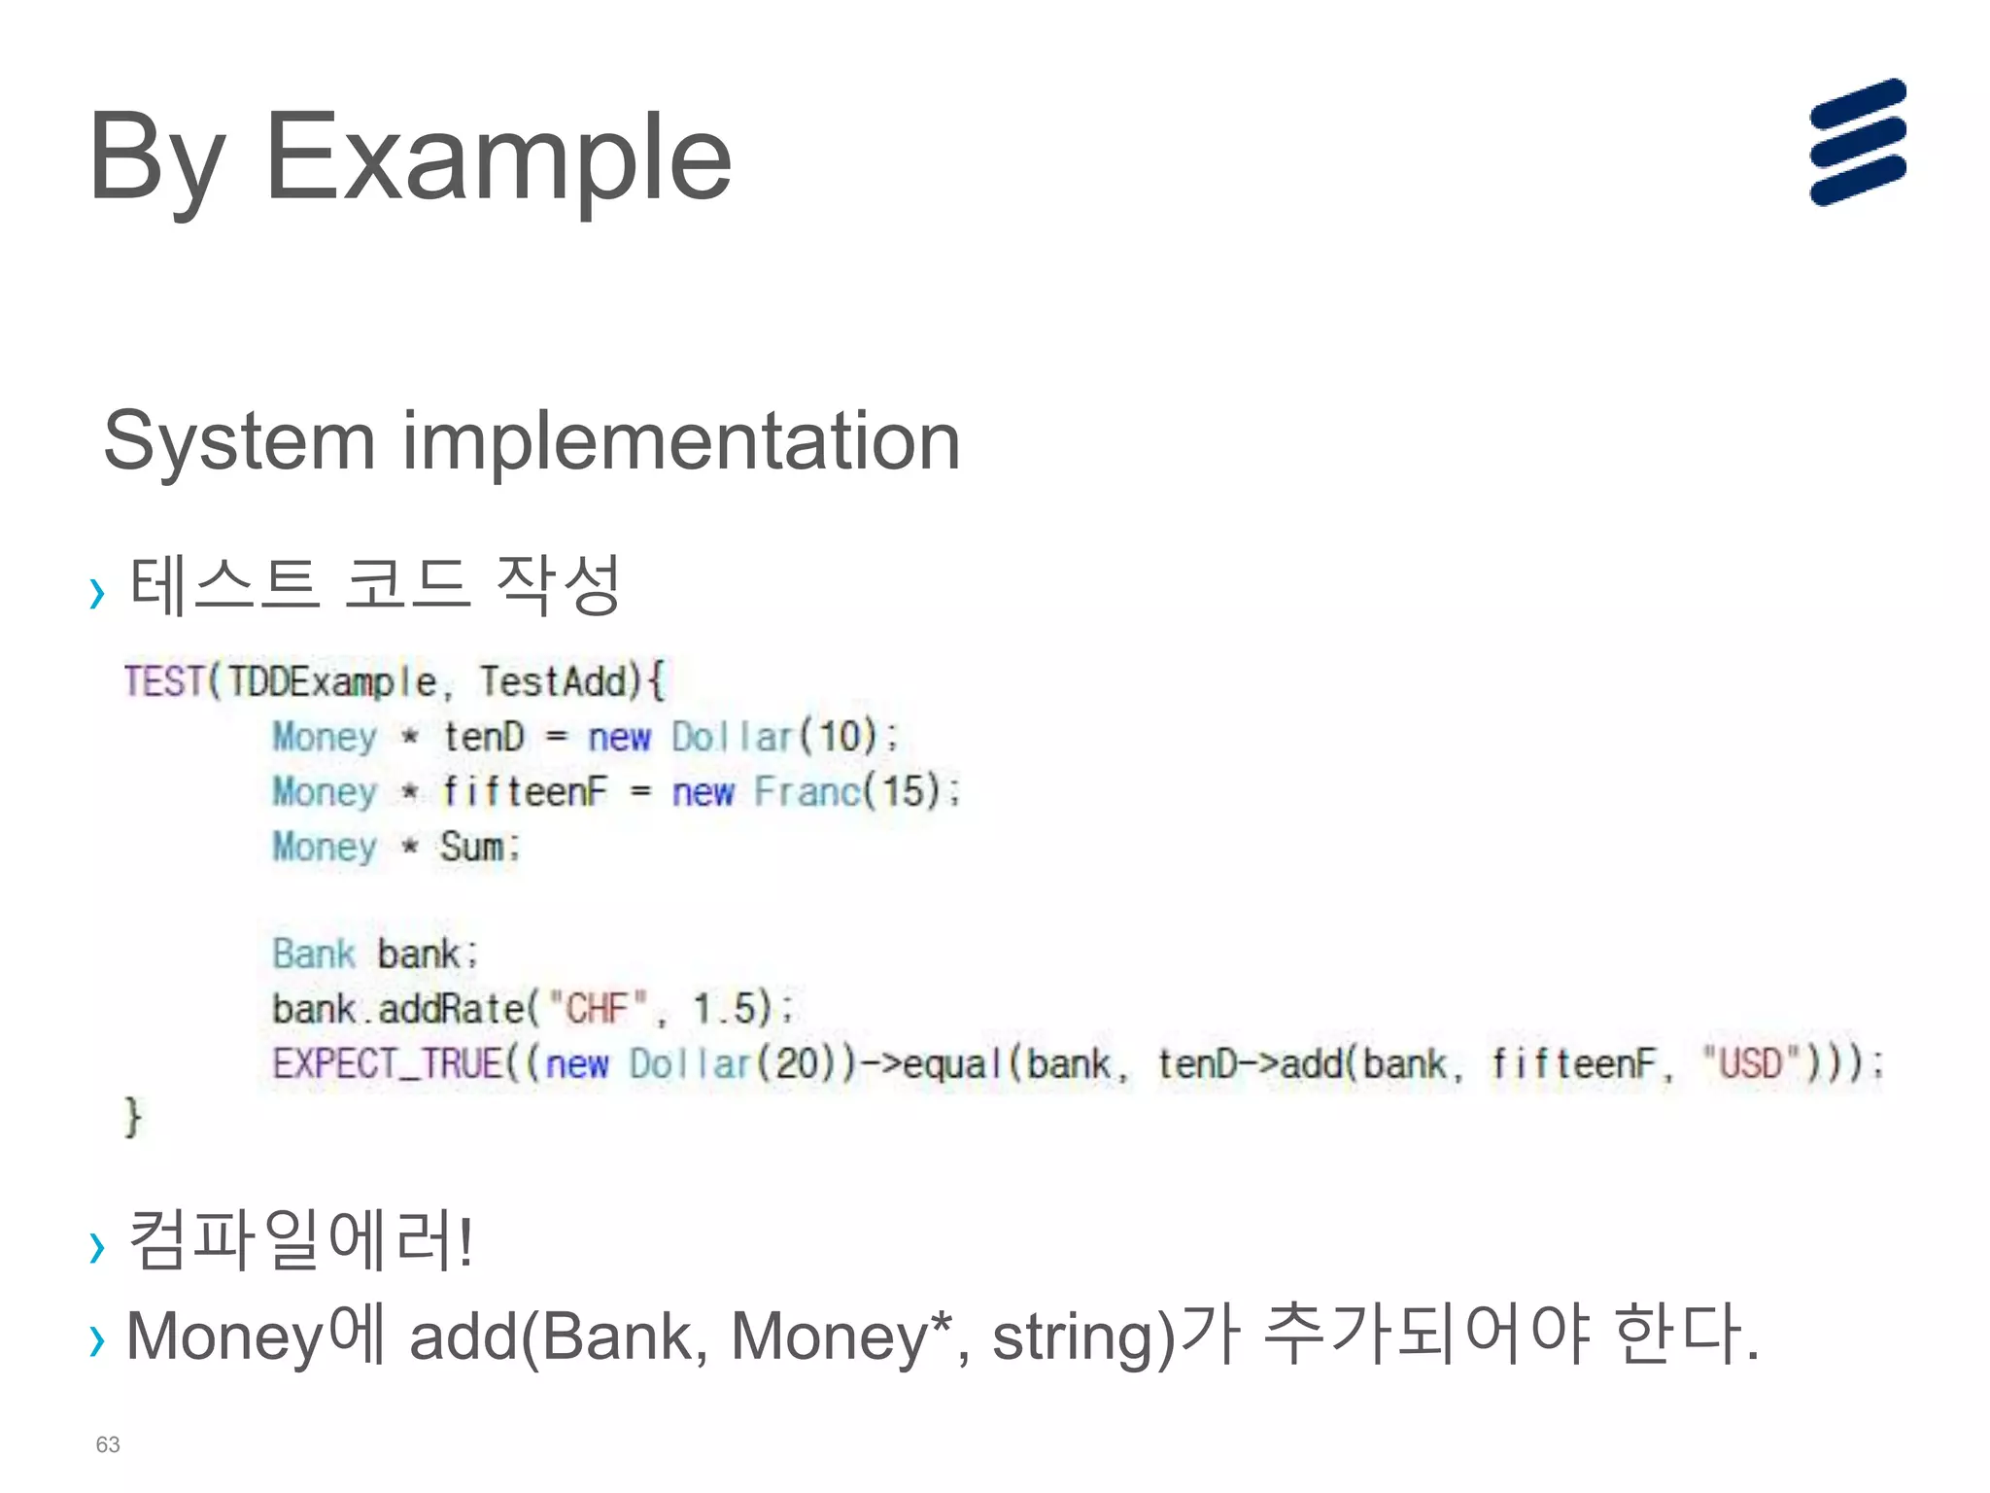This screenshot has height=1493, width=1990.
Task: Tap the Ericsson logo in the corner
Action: coord(1857,142)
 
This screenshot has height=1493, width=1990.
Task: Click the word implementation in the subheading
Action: coord(680,442)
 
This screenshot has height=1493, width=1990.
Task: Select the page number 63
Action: coord(108,1444)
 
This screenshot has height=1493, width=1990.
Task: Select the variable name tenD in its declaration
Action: coord(484,736)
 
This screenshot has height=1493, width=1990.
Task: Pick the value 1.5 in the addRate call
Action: coord(723,1008)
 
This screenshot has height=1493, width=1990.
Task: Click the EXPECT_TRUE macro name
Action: coord(388,1062)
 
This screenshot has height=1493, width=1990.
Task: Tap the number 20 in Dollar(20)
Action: coord(798,1062)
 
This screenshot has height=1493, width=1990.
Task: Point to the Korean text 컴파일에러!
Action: coord(300,1240)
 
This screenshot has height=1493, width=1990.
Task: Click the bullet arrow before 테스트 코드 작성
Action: coord(96,592)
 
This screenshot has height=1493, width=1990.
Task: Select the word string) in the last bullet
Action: coord(1083,1337)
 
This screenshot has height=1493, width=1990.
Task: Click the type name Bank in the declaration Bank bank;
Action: coord(314,954)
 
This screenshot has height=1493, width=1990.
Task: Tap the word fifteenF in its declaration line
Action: coord(525,791)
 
